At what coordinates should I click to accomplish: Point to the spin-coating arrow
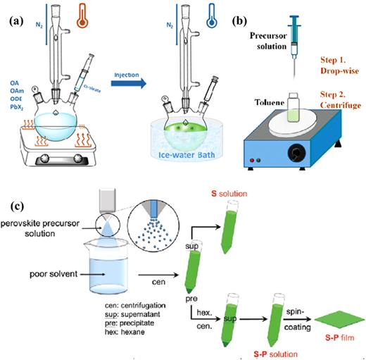pos(286,316)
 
